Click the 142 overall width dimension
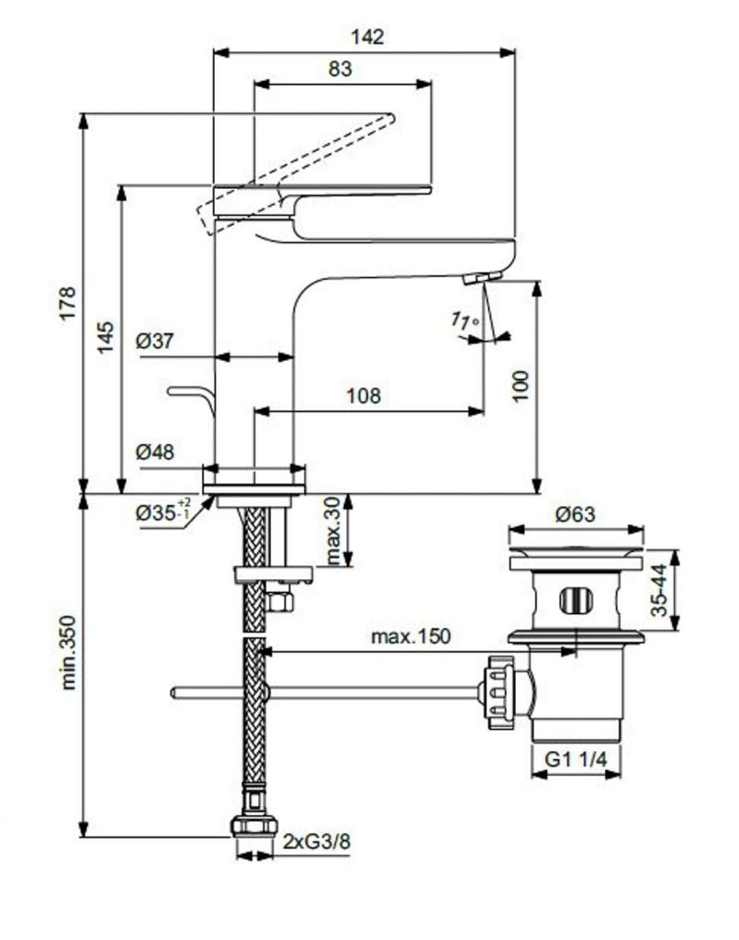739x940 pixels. (x=366, y=37)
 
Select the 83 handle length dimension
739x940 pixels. (x=339, y=68)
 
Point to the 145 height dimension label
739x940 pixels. (x=106, y=338)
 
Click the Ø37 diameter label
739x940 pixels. (x=155, y=341)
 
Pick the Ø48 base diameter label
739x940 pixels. (x=155, y=452)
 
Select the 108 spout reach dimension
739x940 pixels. (x=364, y=396)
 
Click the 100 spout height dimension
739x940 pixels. (x=521, y=386)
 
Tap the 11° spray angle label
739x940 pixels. (x=466, y=321)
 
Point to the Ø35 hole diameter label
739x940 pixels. (x=162, y=512)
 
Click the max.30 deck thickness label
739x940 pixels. (x=332, y=531)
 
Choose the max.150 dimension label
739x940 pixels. (x=410, y=636)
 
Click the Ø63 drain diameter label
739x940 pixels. (x=576, y=514)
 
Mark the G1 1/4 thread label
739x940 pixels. (x=577, y=758)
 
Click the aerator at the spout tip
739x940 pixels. (x=482, y=277)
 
